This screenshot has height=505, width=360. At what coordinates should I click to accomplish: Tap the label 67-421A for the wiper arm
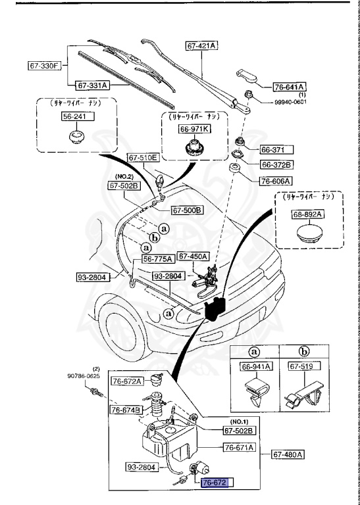pos(203,45)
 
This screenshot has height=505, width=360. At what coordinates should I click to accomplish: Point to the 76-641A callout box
pos(291,85)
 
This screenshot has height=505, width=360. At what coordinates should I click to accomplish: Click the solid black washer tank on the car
pos(216,308)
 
